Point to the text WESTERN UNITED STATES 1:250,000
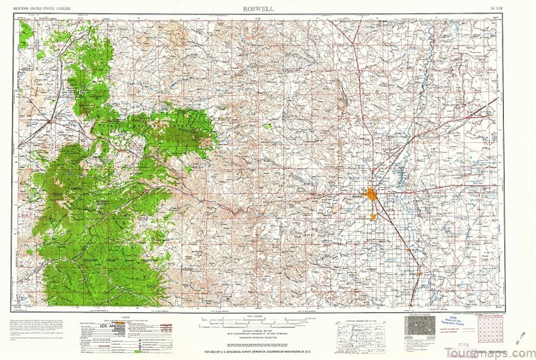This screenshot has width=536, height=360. tap(42, 9)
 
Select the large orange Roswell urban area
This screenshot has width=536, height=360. tap(371, 194)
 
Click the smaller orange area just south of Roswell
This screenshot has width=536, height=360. tap(373, 217)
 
